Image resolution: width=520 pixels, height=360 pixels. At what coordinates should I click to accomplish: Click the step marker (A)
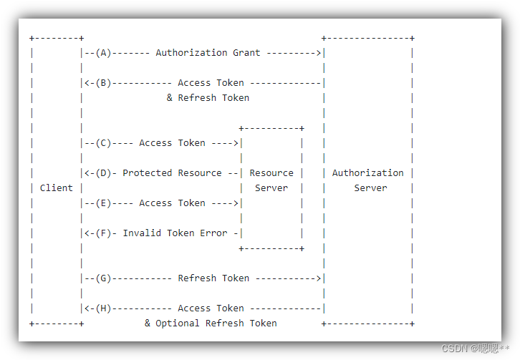click(x=104, y=52)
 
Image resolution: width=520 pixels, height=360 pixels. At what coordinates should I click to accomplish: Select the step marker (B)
click(x=104, y=82)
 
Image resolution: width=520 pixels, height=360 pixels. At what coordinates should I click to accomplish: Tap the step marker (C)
click(x=104, y=142)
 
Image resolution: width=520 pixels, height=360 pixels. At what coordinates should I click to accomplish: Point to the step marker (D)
click(x=104, y=172)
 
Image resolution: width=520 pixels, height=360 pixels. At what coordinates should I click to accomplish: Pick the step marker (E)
click(x=104, y=203)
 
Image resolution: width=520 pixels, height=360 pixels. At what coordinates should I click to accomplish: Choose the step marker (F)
click(x=104, y=233)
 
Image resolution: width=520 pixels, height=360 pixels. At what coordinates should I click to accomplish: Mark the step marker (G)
click(x=104, y=278)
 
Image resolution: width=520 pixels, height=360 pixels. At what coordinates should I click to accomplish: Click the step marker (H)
click(x=104, y=308)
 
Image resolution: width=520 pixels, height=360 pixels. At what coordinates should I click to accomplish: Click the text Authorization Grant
click(x=208, y=52)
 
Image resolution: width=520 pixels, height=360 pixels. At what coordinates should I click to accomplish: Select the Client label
click(x=56, y=188)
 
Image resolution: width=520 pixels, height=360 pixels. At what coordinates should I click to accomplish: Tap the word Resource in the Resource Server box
click(x=271, y=172)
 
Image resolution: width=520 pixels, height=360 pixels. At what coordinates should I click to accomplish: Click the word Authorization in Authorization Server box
click(x=367, y=172)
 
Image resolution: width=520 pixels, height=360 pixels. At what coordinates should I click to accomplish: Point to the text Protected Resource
click(x=172, y=172)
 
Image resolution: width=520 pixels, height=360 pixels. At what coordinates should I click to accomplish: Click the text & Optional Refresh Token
click(x=211, y=323)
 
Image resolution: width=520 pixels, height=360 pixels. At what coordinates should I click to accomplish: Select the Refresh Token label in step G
click(x=213, y=278)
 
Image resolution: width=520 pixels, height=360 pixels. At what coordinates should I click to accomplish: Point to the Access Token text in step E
click(x=172, y=203)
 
